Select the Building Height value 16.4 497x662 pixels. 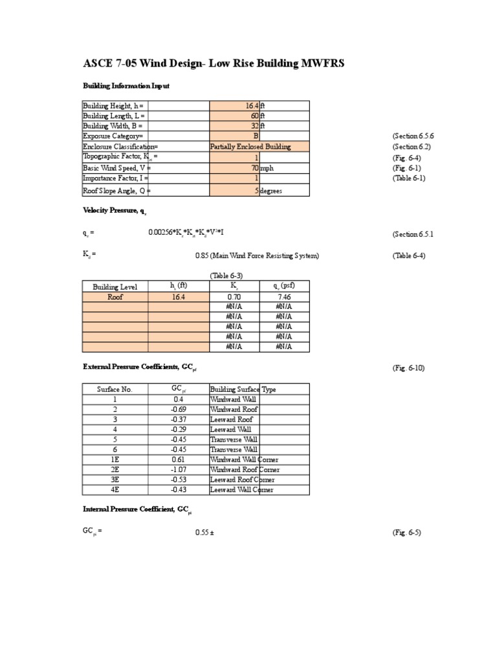pyautogui.click(x=252, y=105)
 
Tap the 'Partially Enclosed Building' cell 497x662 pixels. pyautogui.click(x=251, y=147)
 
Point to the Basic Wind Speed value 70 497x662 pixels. pyautogui.click(x=254, y=167)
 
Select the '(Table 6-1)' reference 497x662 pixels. pyautogui.click(x=408, y=178)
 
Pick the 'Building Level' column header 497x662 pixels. pyautogui.click(x=115, y=286)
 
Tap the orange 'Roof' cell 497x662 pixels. pyautogui.click(x=115, y=297)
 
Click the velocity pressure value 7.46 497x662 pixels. pyautogui.click(x=283, y=297)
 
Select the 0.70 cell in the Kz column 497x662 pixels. pyautogui.click(x=234, y=297)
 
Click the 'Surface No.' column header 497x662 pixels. pyautogui.click(x=115, y=389)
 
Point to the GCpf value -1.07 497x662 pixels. pyautogui.click(x=178, y=469)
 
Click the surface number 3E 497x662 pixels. pyautogui.click(x=115, y=480)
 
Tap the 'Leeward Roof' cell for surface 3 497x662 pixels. pyautogui.click(x=231, y=420)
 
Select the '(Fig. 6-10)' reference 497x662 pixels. pyautogui.click(x=408, y=368)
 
